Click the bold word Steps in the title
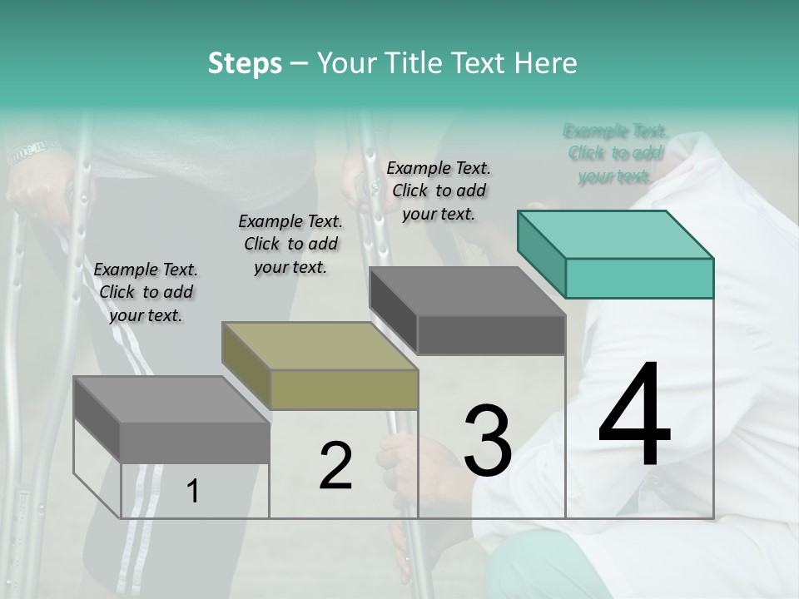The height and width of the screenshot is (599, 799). click(245, 63)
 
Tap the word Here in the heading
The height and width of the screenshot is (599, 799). click(545, 63)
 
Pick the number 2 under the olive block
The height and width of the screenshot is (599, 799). click(335, 465)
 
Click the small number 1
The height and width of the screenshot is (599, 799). click(193, 492)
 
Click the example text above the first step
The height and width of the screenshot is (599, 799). click(146, 292)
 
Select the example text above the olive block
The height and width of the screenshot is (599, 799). click(290, 244)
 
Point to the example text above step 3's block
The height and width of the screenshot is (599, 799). click(439, 191)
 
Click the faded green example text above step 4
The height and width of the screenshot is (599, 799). click(615, 153)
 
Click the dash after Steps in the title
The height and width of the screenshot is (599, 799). click(300, 63)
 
